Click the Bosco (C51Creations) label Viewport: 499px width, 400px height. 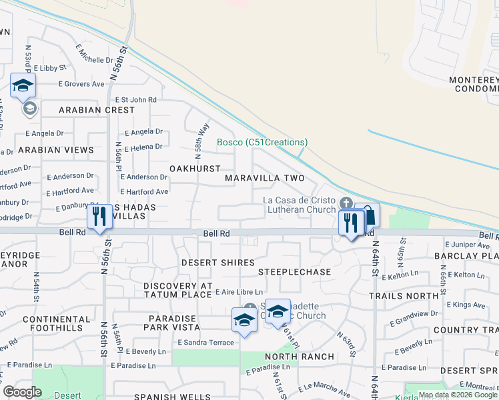click(262, 142)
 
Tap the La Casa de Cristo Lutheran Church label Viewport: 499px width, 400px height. click(298, 205)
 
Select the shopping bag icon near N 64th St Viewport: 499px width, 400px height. click(368, 216)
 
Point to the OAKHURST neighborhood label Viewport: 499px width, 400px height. click(195, 169)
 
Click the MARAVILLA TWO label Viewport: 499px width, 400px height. click(264, 179)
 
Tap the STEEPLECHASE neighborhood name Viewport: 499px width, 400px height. click(294, 272)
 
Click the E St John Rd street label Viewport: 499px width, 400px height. click(135, 99)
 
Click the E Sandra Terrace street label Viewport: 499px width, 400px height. click(205, 343)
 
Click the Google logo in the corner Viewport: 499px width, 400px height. click(23, 392)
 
